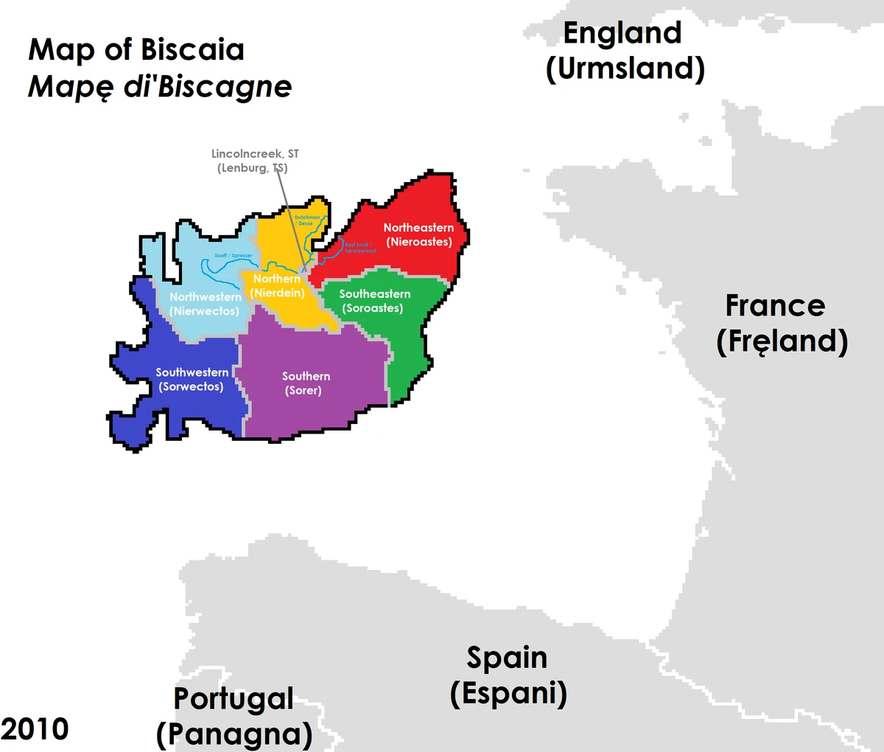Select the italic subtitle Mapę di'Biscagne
(160, 87)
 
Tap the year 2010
(35, 729)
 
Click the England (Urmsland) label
(624, 51)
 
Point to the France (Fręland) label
(781, 324)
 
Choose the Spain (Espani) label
(508, 675)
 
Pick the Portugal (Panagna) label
(234, 717)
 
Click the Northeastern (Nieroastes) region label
(418, 234)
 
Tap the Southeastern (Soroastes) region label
(374, 301)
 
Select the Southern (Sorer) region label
(306, 383)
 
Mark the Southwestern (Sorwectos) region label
(192, 379)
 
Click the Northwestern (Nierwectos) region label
(205, 304)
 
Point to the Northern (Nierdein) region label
(277, 286)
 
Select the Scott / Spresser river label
(234, 256)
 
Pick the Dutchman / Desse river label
(307, 220)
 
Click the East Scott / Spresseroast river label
(360, 248)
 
